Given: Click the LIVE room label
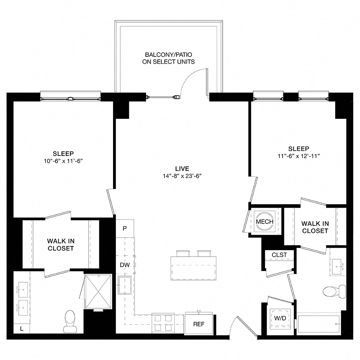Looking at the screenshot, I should pos(182,169).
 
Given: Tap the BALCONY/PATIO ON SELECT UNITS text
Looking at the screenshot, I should pos(170,58).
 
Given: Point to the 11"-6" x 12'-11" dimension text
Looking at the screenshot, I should pos(298,156).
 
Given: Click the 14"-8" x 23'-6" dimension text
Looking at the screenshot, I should pos(182,176).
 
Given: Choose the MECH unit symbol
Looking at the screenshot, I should pos(265,221).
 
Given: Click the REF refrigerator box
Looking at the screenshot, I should pos(199,324).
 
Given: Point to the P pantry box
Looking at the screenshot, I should pos(125,229).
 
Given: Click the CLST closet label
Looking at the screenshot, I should pos(279,255).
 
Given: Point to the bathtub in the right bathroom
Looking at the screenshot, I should pos(318,324).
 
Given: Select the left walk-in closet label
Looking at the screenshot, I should pos(60,245).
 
